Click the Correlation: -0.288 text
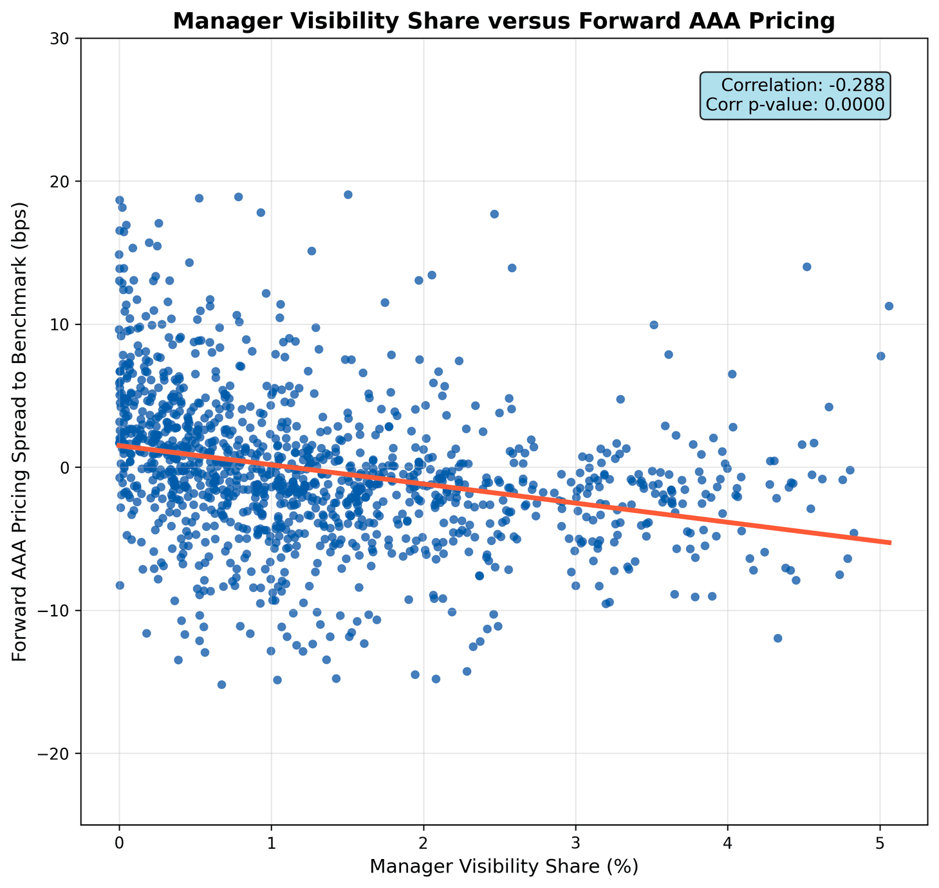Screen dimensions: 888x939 (803, 86)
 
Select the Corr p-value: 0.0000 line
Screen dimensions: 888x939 (795, 105)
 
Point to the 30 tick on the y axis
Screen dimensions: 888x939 (62, 39)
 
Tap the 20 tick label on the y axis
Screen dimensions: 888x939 (62, 181)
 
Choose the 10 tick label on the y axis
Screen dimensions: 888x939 (62, 324)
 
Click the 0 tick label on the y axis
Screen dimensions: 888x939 (67, 468)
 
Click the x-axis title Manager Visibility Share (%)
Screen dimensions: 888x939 (504, 867)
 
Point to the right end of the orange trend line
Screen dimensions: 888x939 (891, 542)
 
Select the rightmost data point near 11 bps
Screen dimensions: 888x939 (889, 306)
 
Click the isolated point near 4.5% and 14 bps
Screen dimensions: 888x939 (806, 266)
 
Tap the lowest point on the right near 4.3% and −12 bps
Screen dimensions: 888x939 (777, 638)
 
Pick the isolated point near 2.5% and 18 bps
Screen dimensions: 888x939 (494, 214)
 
